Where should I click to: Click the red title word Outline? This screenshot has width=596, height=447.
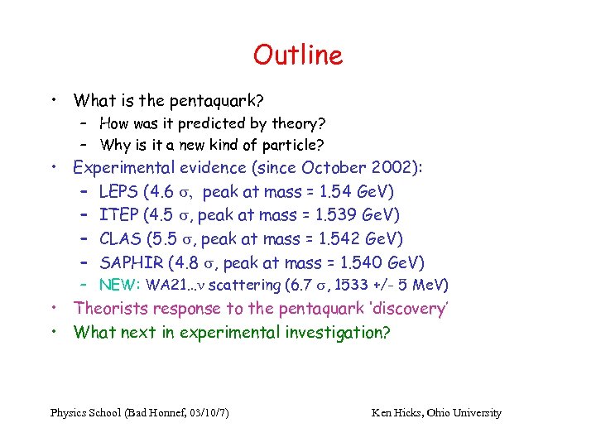[298, 55]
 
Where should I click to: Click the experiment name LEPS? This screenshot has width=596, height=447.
[118, 192]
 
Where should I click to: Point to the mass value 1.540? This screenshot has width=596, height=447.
[363, 263]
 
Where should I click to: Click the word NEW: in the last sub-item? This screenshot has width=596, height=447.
[120, 286]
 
